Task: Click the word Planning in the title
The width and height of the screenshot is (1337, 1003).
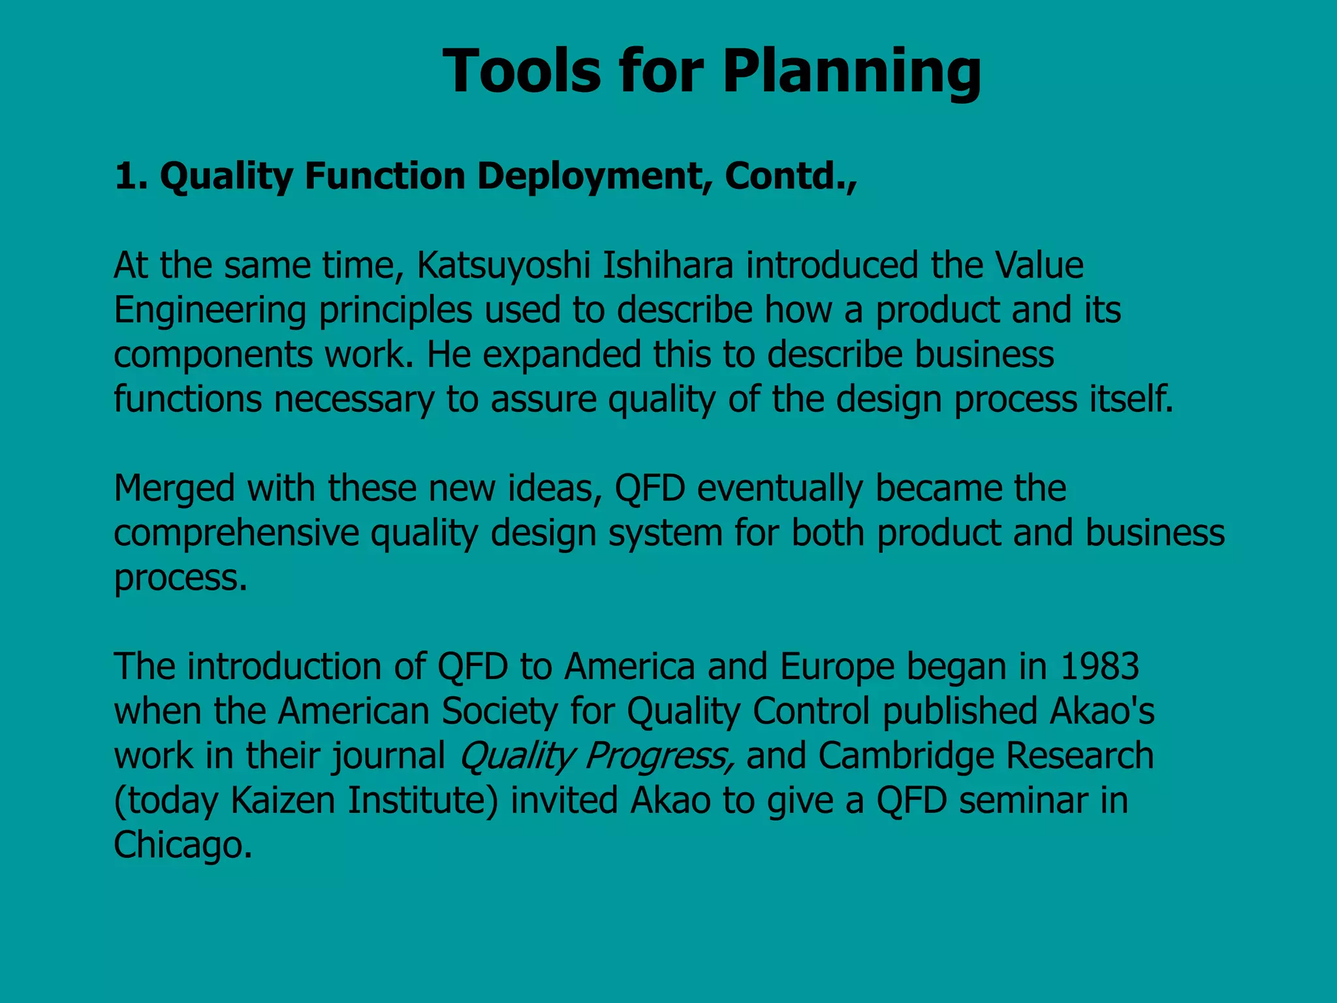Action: [851, 72]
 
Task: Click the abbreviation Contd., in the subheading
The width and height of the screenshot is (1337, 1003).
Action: [790, 176]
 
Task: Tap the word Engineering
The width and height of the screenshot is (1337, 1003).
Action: [210, 311]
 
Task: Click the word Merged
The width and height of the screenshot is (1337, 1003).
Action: [174, 489]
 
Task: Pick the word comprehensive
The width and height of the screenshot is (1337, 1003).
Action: [236, 533]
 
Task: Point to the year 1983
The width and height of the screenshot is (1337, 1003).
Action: [1100, 667]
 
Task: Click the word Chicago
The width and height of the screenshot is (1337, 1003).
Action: [183, 845]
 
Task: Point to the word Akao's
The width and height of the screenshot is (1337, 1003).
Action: [1102, 711]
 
